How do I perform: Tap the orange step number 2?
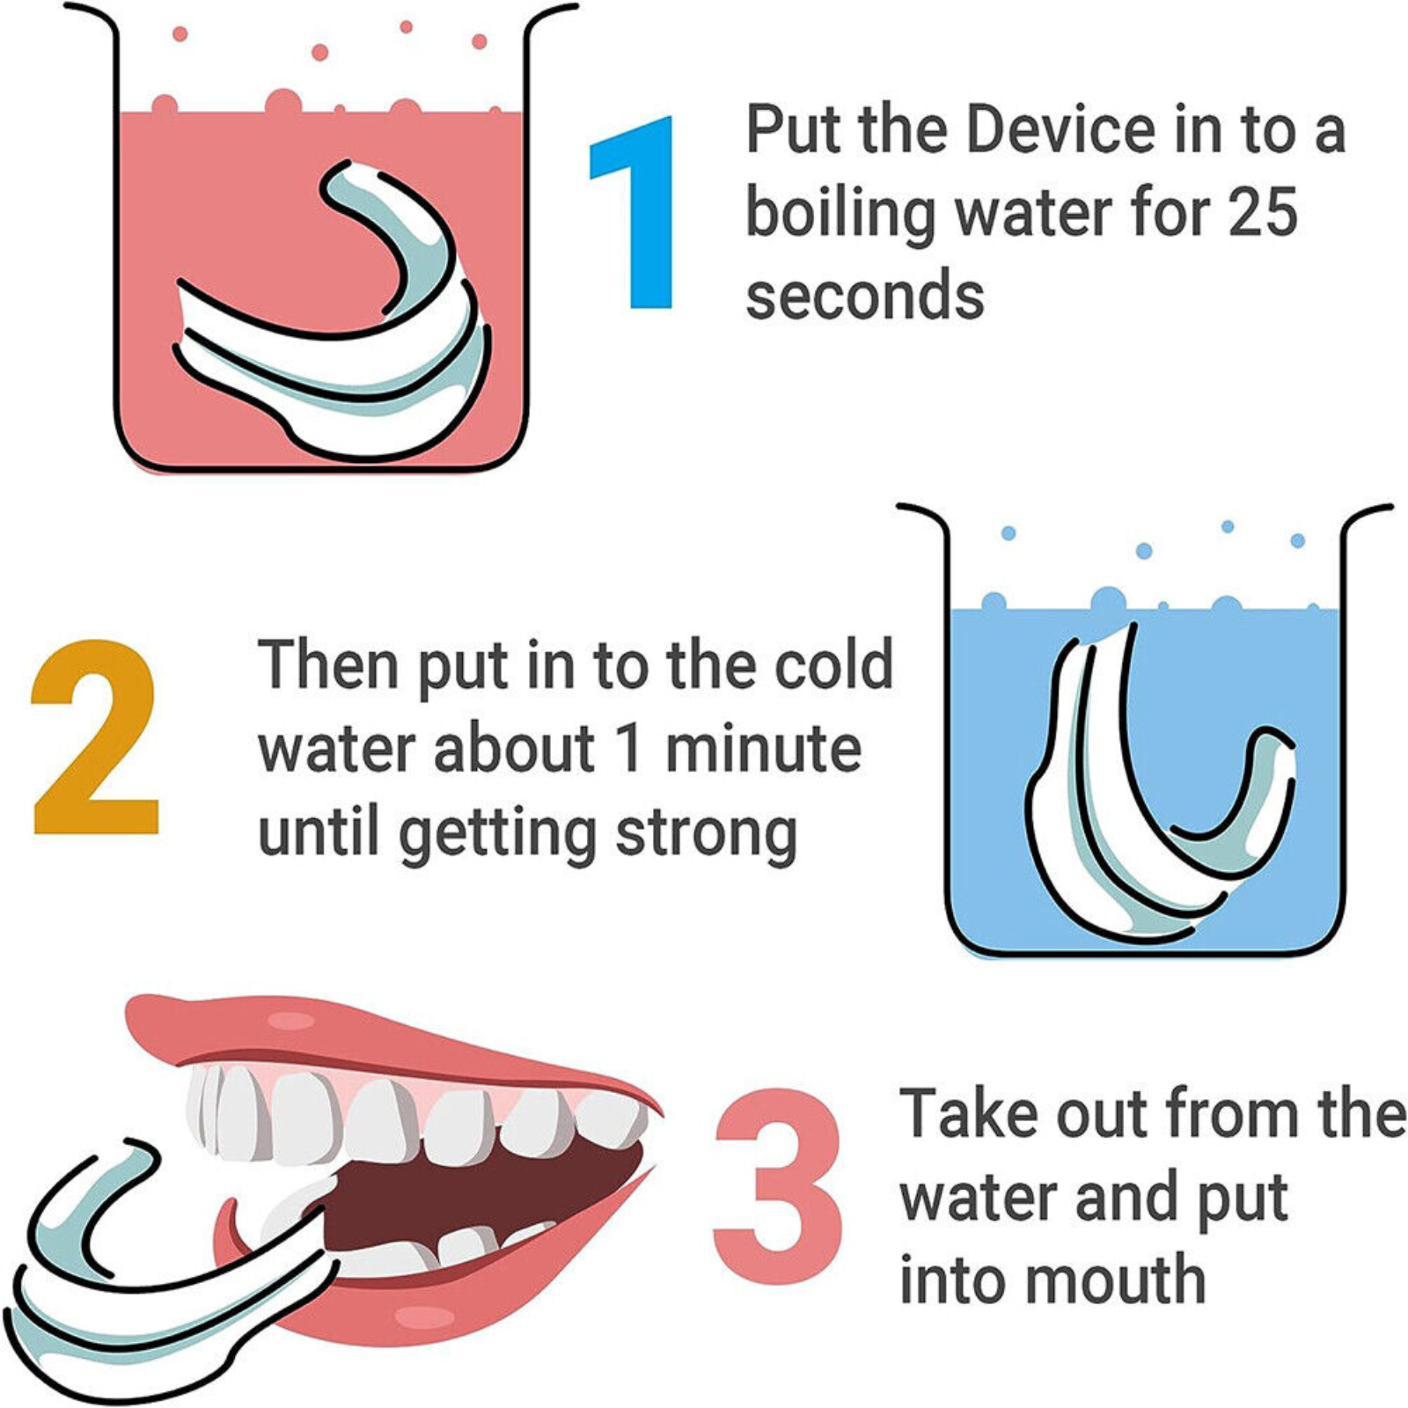click(95, 737)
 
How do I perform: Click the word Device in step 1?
click(1061, 129)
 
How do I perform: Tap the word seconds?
click(865, 297)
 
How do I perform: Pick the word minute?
click(763, 749)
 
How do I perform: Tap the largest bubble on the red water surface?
click(282, 103)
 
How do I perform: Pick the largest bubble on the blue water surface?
click(1107, 600)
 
